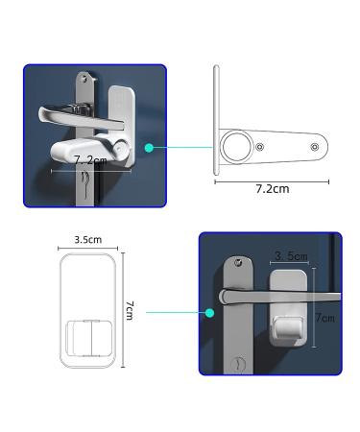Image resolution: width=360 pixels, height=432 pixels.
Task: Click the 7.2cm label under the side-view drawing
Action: pyautogui.click(x=272, y=189)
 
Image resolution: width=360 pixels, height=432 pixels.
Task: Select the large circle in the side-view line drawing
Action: pyautogui.click(x=234, y=148)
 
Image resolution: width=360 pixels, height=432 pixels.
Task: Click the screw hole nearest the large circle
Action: pyautogui.click(x=260, y=148)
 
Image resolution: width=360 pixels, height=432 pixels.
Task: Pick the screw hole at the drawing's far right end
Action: pyautogui.click(x=315, y=148)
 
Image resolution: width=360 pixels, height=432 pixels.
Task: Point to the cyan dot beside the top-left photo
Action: pyautogui.click(x=149, y=148)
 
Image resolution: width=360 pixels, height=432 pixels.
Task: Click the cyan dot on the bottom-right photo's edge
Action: pyautogui.click(x=208, y=311)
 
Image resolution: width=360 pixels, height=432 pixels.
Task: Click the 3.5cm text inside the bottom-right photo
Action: pyautogui.click(x=290, y=256)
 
